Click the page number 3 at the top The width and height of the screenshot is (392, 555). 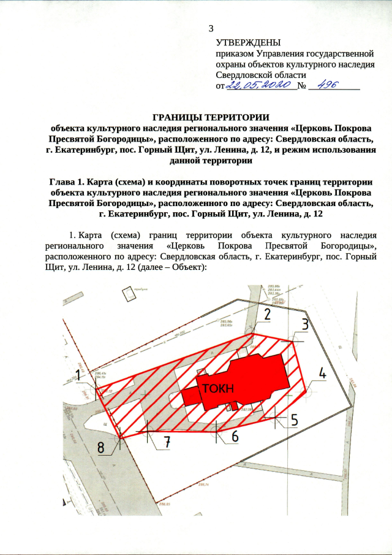(x=212, y=29)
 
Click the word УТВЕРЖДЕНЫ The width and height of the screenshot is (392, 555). (x=248, y=43)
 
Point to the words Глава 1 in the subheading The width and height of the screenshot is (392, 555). (x=70, y=182)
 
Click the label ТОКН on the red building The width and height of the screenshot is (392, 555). (x=219, y=388)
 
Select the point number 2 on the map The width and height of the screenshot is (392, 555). (x=266, y=315)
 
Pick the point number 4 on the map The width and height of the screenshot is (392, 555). (x=322, y=373)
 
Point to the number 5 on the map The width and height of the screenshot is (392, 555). (x=294, y=420)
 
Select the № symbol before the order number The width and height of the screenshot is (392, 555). (x=301, y=86)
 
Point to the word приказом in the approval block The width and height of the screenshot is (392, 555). (x=234, y=54)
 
